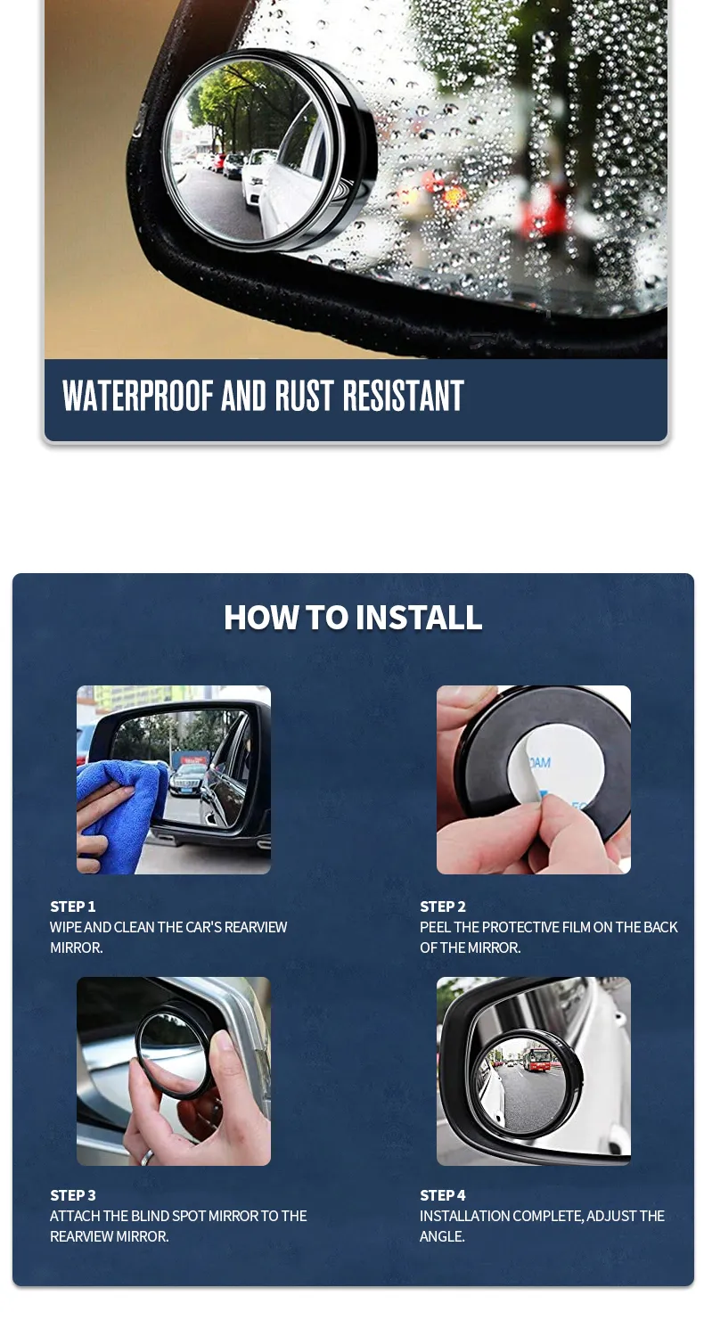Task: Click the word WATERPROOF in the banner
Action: tap(137, 395)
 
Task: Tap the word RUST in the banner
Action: tap(304, 395)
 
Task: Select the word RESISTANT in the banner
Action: tap(403, 395)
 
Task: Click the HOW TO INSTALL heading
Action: tap(353, 617)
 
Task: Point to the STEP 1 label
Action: tap(73, 906)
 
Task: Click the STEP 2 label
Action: tap(443, 906)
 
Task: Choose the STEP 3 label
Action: tap(73, 1195)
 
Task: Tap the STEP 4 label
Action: tap(443, 1195)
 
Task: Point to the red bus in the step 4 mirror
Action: tap(537, 1059)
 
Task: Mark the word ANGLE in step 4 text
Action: tap(441, 1236)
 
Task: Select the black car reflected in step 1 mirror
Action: tap(187, 780)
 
